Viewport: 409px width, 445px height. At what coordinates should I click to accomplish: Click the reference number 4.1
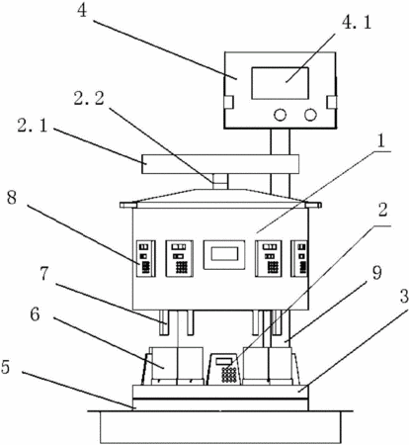coord(357,24)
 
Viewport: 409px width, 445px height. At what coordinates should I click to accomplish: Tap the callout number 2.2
coord(89,99)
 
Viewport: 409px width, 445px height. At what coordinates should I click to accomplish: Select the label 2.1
coord(32,125)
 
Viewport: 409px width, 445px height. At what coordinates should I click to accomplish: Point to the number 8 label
coord(12,199)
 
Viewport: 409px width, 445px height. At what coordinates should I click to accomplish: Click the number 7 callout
coord(44,275)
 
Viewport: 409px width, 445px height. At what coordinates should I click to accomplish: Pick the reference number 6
coord(35,314)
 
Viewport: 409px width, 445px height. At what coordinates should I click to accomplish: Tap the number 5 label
coord(6,366)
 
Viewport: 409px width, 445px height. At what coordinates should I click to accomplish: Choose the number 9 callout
coord(376,274)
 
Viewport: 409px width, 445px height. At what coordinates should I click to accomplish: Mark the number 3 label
coord(404,297)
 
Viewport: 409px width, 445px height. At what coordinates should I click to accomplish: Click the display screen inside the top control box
coord(280,83)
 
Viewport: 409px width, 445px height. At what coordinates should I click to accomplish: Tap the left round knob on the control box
coord(280,115)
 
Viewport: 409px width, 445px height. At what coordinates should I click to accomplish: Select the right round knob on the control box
coord(310,115)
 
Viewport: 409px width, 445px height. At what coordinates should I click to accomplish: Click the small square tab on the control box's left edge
coord(228,102)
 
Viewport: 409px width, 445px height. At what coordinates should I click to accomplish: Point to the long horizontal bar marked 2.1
coord(220,164)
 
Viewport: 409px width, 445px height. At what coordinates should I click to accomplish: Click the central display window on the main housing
coord(224,255)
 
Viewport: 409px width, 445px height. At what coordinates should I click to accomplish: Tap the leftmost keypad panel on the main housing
coord(146,258)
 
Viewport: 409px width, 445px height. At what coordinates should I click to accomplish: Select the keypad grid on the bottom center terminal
coord(229,374)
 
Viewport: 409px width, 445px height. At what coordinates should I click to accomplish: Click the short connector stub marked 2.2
coord(220,182)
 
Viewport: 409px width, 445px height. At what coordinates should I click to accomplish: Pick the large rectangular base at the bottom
coord(220,427)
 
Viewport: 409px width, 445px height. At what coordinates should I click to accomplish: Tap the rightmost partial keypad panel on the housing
coord(299,258)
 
